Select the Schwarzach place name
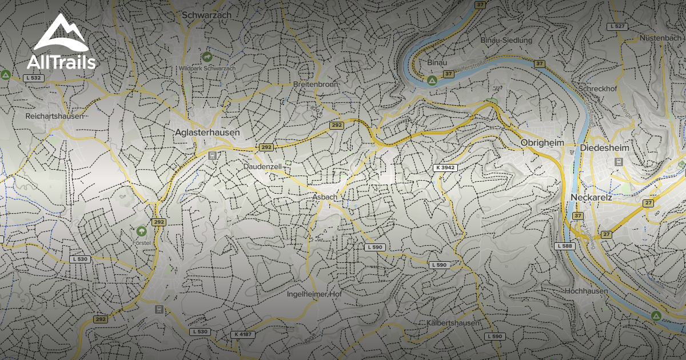click(206, 15)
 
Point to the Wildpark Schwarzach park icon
click(207, 57)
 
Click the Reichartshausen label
click(54, 116)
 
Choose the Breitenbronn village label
click(316, 84)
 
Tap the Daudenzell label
click(262, 166)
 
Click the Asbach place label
click(324, 197)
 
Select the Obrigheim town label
click(543, 142)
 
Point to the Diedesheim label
click(604, 148)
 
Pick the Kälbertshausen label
click(453, 323)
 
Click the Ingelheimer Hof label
click(314, 294)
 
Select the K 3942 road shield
click(445, 167)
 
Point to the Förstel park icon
click(141, 231)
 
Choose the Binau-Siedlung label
click(506, 41)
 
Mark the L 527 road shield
click(618, 26)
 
